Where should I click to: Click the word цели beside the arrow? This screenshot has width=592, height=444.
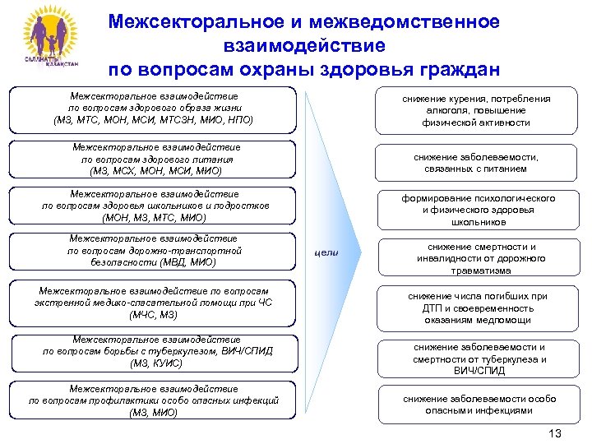pyautogui.click(x=326, y=252)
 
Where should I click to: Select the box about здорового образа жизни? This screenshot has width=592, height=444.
pyautogui.click(x=154, y=109)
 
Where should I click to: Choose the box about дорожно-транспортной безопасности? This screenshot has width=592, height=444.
pyautogui.click(x=155, y=251)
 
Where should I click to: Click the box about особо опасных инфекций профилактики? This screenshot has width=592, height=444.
pyautogui.click(x=154, y=400)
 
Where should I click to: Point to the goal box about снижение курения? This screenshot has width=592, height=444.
pyautogui.click(x=477, y=110)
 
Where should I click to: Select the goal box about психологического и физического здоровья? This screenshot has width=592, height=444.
pyautogui.click(x=477, y=210)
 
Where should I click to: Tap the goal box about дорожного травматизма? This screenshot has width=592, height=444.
pyautogui.click(x=477, y=258)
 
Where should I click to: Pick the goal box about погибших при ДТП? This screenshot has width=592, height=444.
pyautogui.click(x=477, y=308)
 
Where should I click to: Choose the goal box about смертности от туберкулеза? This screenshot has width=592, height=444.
pyautogui.click(x=477, y=358)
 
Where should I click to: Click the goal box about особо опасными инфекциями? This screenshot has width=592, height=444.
pyautogui.click(x=477, y=405)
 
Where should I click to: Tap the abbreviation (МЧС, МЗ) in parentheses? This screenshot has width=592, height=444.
pyautogui.click(x=154, y=315)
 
